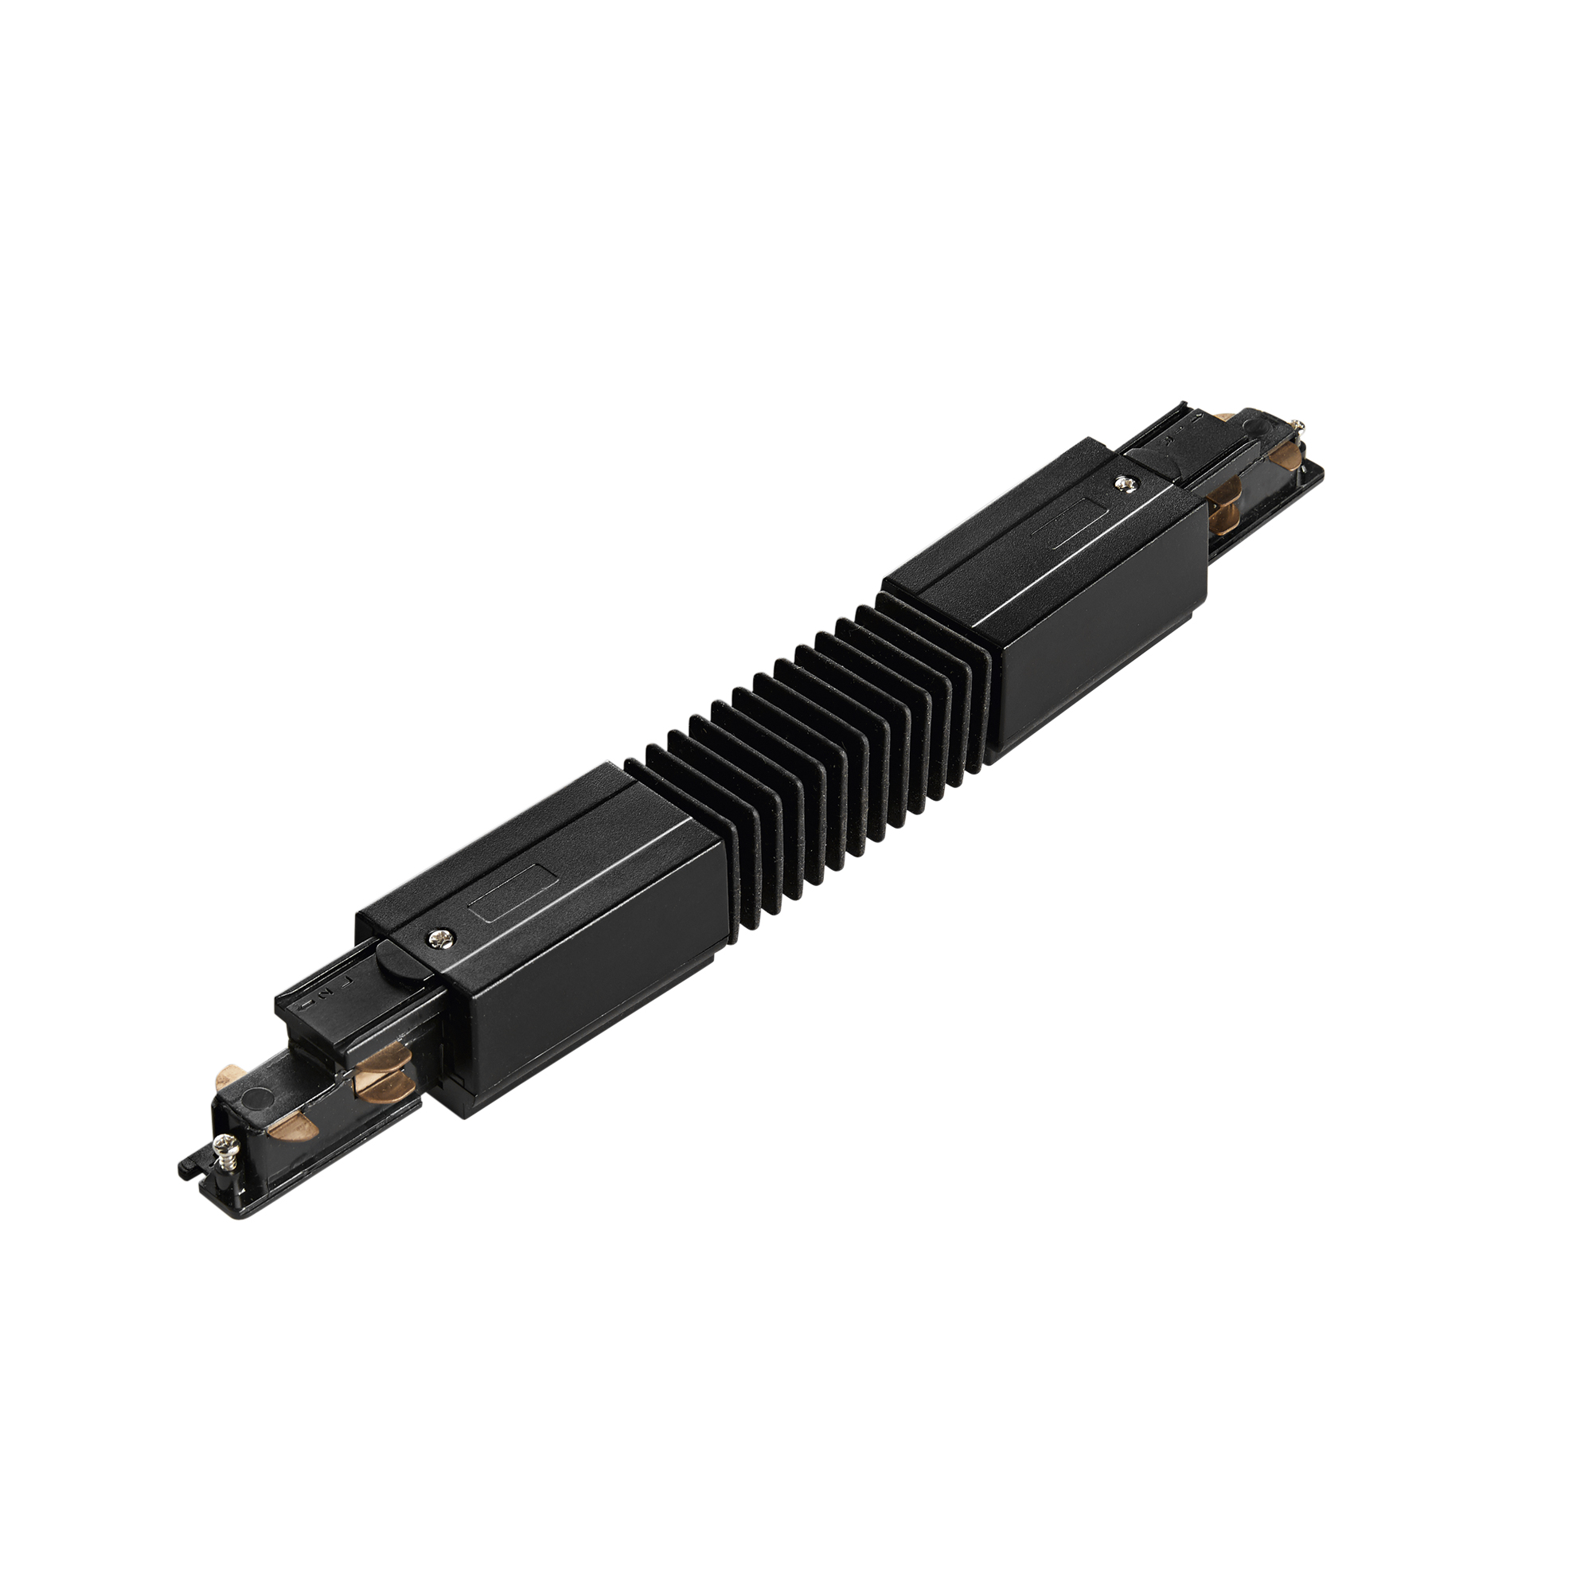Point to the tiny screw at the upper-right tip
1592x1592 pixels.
[x=1300, y=425]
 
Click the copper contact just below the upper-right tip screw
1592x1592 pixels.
[x=1286, y=455]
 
